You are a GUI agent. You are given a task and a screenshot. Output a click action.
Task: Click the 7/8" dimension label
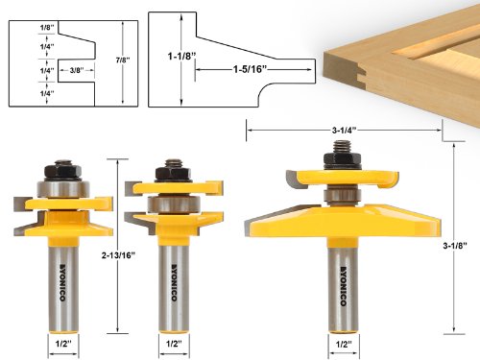123,60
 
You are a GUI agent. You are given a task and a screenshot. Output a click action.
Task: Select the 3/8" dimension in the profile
77,70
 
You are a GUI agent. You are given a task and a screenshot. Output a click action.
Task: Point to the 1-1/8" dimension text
181,57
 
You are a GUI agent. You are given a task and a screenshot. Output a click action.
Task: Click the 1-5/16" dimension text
250,69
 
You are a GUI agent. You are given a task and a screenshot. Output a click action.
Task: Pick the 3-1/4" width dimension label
344,131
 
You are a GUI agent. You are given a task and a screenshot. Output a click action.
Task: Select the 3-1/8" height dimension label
455,246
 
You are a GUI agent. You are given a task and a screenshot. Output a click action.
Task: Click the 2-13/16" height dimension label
118,255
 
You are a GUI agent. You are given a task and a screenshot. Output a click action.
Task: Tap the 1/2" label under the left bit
63,344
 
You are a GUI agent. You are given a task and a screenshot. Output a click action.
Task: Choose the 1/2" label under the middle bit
174,344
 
